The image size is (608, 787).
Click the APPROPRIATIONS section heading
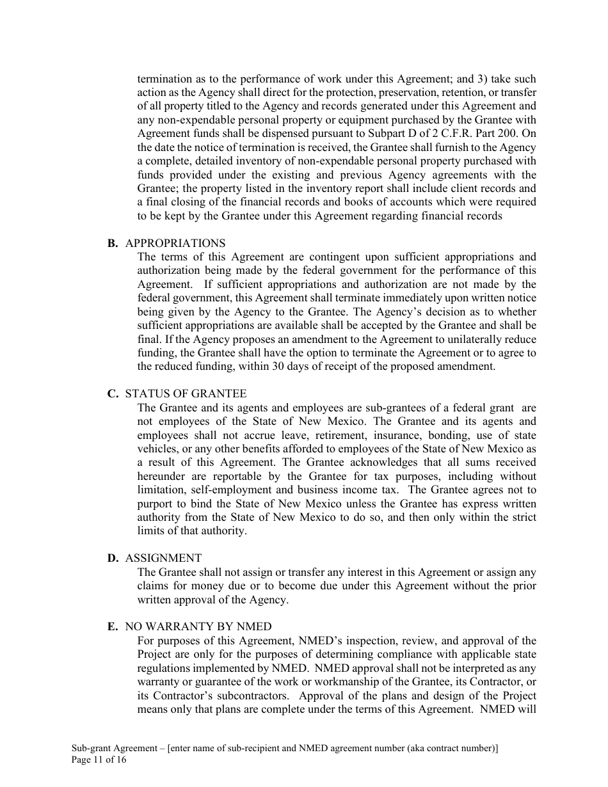coord(175,243)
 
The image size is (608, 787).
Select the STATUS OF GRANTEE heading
coord(186,394)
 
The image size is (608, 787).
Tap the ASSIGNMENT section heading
coord(163,559)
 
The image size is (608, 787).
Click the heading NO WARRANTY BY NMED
coord(198,627)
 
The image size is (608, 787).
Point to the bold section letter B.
coord(113,243)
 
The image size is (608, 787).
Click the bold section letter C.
coord(113,394)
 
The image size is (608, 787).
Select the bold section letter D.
coord(113,559)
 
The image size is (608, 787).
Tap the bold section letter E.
coord(113,627)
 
